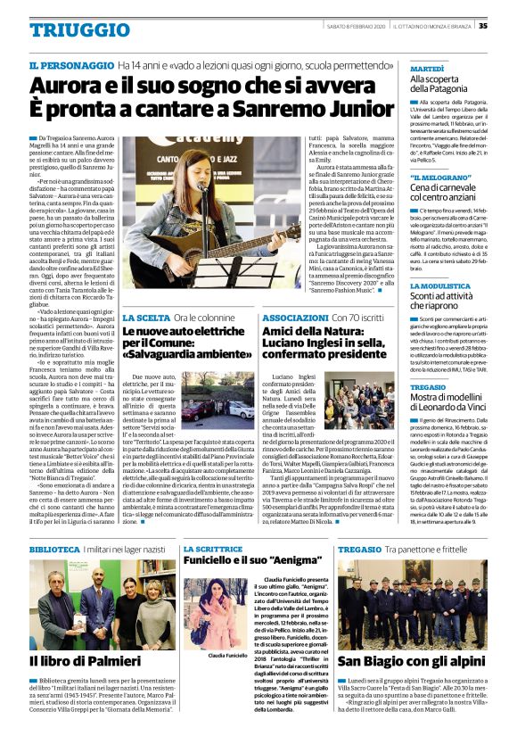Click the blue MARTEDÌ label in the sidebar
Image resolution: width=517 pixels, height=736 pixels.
pyautogui.click(x=427, y=68)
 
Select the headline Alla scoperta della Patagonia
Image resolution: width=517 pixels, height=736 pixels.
pyautogui.click(x=443, y=85)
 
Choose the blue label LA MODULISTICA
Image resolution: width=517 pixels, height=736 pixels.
pyautogui.click(x=439, y=287)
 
